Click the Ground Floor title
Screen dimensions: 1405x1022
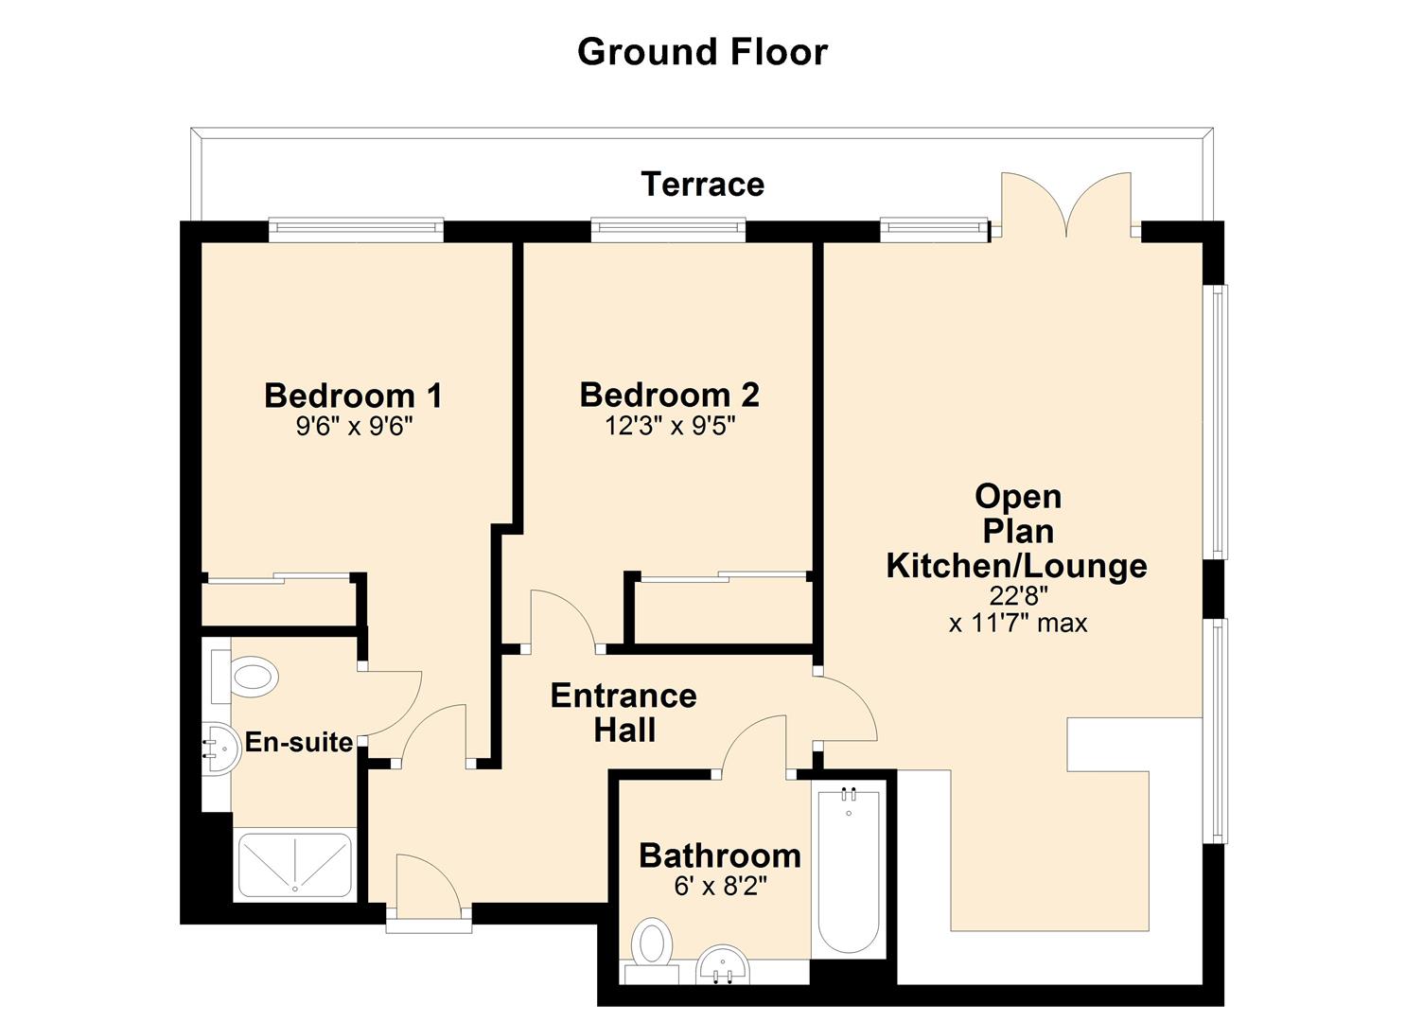(702, 53)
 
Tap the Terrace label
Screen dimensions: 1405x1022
(702, 185)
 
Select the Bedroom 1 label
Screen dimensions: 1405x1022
(353, 396)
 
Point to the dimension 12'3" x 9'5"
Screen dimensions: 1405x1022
(670, 426)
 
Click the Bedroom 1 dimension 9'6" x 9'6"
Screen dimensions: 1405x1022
(355, 427)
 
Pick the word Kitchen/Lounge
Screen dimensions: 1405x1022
(1017, 567)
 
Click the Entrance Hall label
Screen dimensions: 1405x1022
(624, 713)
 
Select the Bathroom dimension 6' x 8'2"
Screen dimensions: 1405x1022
(721, 887)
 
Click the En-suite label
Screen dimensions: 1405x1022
(299, 742)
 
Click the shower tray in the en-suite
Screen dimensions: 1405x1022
(295, 865)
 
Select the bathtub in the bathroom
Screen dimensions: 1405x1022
(849, 872)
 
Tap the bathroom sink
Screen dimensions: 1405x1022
(723, 964)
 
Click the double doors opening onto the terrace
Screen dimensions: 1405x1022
(1066, 205)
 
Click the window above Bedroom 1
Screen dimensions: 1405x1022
(357, 230)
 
